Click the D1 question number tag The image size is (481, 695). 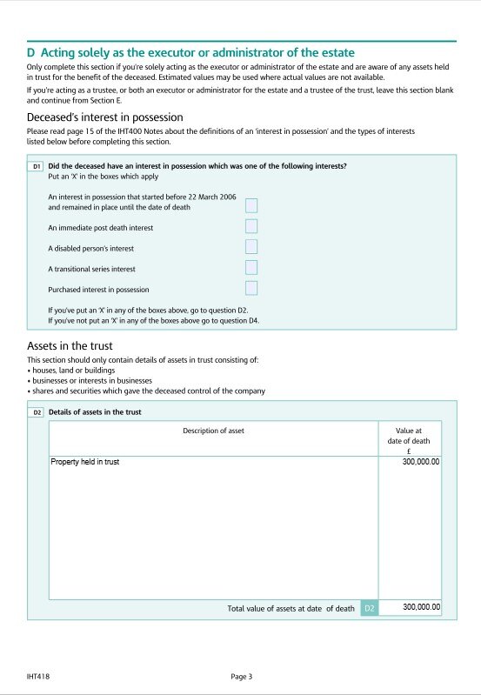37,165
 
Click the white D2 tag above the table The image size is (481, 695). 37,411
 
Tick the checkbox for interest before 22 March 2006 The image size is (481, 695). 251,206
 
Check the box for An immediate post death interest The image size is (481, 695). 251,227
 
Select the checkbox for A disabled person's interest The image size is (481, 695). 251,248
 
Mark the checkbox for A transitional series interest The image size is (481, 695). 251,268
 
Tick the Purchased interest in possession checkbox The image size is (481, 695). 251,288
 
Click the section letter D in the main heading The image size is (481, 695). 31,53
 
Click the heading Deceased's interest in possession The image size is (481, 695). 104,117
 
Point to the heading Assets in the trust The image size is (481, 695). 70,346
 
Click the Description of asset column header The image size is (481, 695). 213,431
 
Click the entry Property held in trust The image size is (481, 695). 85,462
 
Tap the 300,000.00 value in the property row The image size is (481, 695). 421,462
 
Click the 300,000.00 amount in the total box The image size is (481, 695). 421,607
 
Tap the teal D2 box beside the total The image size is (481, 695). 369,608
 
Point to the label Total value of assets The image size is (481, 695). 291,608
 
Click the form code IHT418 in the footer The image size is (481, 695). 37,676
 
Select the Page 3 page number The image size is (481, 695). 241,676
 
